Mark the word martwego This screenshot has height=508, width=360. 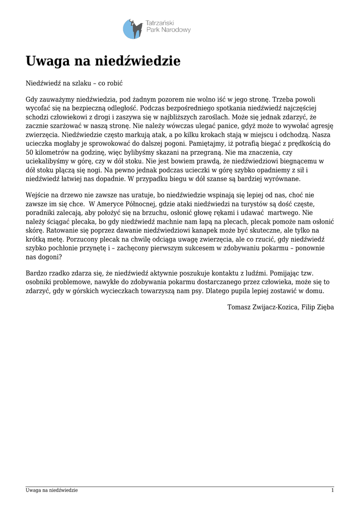tap(279, 213)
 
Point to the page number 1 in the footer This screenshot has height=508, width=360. tap(332, 491)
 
